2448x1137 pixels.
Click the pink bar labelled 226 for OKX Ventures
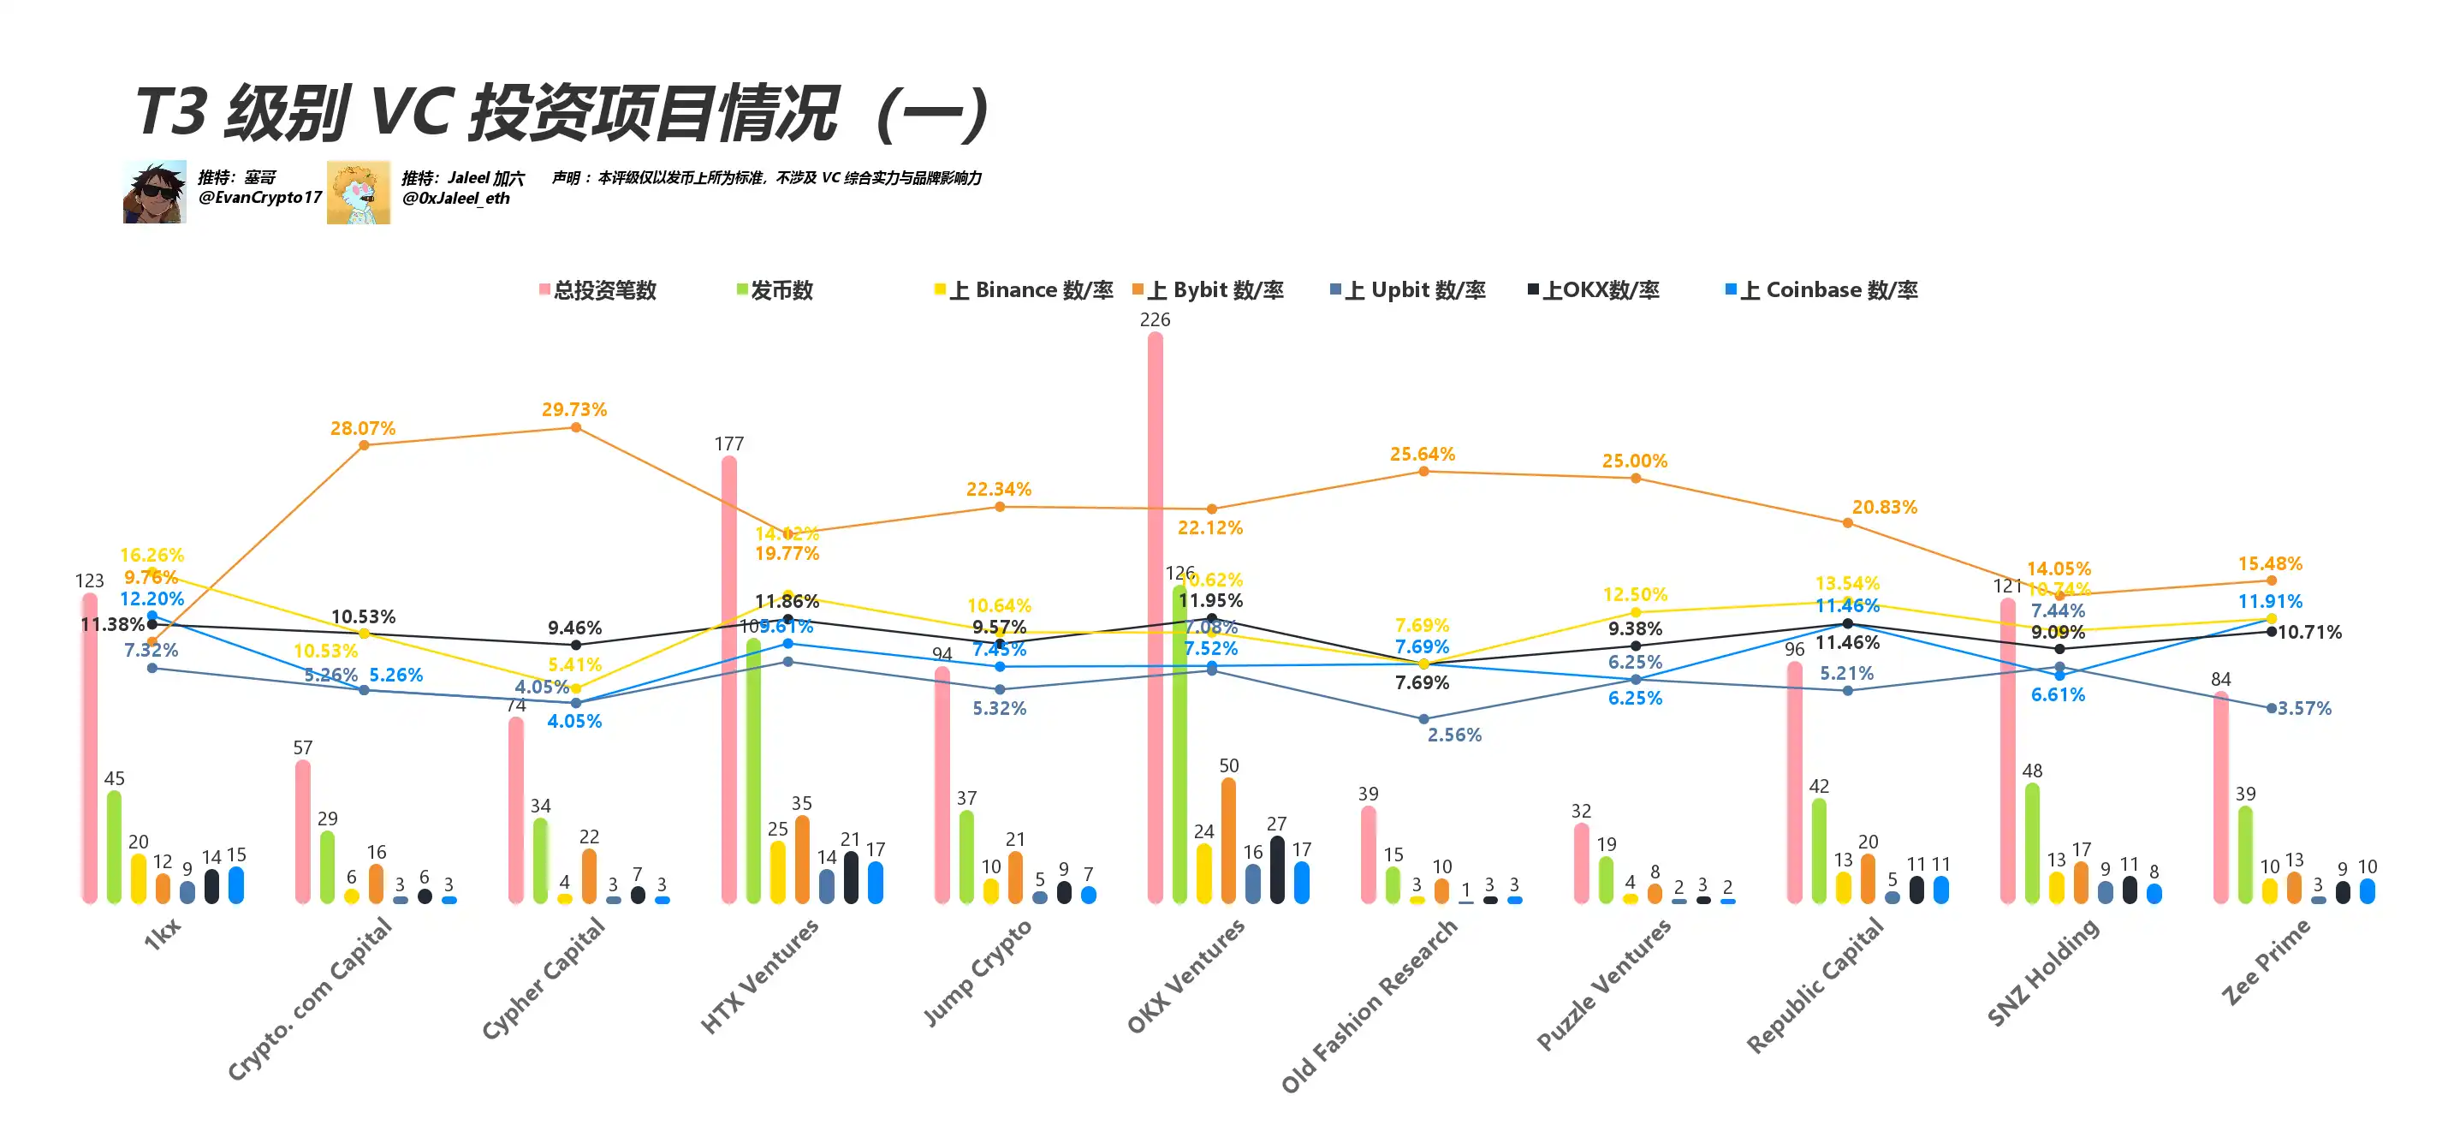tap(1155, 618)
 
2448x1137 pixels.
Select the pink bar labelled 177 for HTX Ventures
tap(729, 680)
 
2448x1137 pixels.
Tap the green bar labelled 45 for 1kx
tap(114, 846)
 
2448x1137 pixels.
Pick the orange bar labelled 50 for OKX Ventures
tap(1227, 841)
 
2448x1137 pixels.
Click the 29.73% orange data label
tap(574, 410)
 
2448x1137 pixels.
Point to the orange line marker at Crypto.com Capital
tap(364, 445)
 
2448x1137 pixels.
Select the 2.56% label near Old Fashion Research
tap(1454, 735)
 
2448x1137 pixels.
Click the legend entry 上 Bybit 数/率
tap(1208, 290)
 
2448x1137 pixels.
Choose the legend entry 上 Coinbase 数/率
tap(1821, 290)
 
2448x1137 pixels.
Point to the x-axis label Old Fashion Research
tap(1369, 1006)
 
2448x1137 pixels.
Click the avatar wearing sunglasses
tap(154, 192)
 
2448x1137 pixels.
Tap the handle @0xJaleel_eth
tap(455, 199)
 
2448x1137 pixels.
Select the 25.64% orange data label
tap(1422, 455)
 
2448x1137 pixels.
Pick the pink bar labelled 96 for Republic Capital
tap(1794, 782)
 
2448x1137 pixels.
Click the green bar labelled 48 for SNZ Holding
tap(2032, 842)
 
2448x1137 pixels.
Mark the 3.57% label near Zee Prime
tap(2303, 708)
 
